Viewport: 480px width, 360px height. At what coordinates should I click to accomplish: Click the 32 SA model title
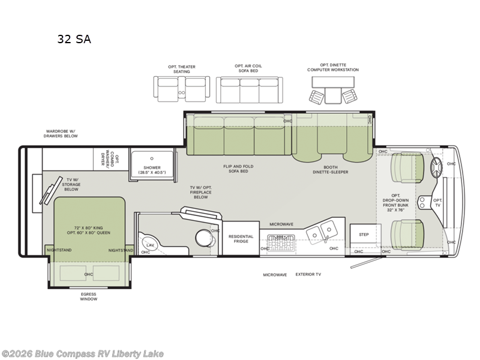74,40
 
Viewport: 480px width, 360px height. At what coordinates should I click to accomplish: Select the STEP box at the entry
364,234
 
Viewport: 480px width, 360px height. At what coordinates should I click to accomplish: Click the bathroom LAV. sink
149,245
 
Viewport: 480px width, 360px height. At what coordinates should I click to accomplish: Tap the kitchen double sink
325,230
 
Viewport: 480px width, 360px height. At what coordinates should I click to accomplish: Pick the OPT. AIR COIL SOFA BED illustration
248,90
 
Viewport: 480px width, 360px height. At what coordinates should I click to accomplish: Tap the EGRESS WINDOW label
88,296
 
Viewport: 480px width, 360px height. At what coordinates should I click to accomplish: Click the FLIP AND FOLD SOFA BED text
235,169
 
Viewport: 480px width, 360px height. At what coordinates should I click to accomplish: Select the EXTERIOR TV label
310,274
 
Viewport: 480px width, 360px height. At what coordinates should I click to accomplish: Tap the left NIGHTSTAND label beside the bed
59,250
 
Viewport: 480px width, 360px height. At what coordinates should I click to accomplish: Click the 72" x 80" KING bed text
88,230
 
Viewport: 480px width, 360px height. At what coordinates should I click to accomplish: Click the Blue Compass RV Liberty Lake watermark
83,354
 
